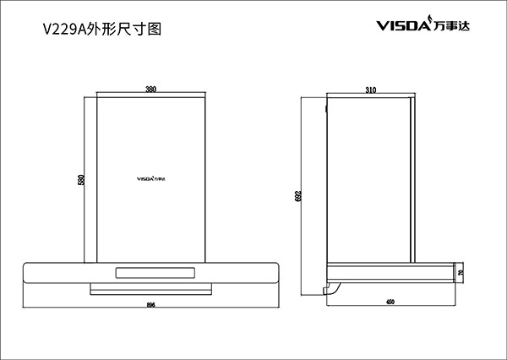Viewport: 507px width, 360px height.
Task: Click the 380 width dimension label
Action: (x=150, y=90)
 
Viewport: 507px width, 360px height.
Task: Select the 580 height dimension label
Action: (x=82, y=181)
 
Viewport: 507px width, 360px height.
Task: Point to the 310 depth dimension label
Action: (x=370, y=90)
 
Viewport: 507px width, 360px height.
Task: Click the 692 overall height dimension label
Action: (x=298, y=197)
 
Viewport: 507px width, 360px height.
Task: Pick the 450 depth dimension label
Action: (x=390, y=302)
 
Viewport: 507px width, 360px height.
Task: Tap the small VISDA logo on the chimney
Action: (x=151, y=178)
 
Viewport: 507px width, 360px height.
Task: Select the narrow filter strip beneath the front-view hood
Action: (x=151, y=289)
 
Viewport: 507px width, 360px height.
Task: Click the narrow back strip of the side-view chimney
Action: (x=412, y=177)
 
